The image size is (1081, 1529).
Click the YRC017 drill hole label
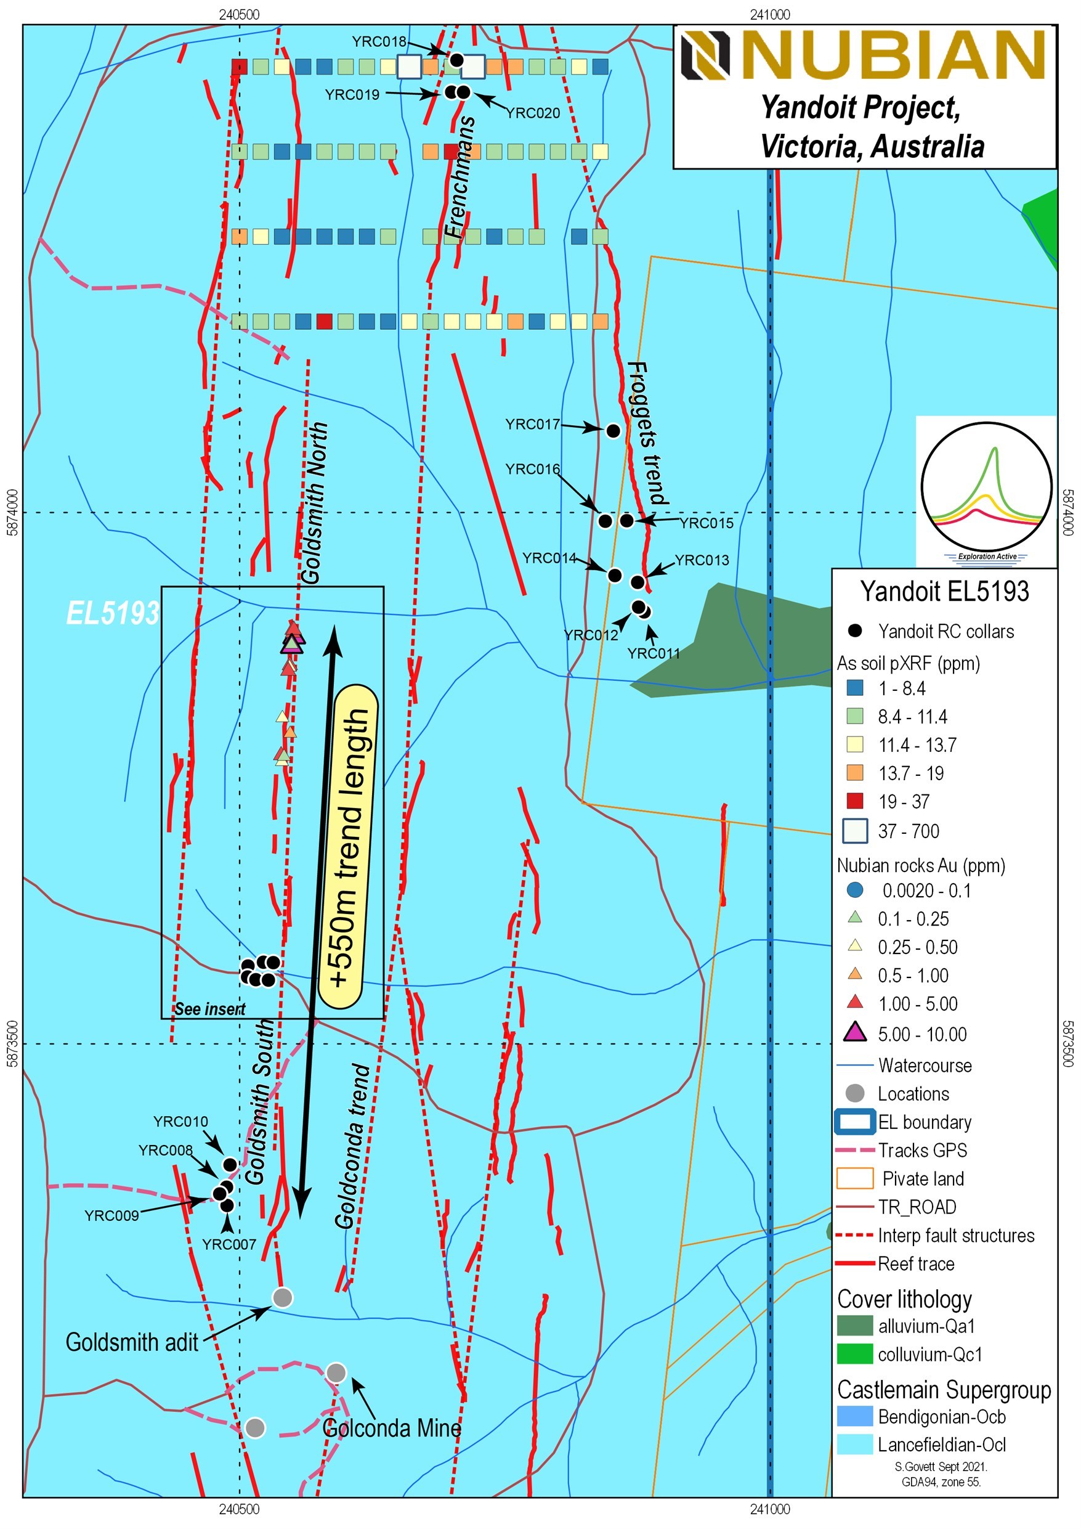point(532,424)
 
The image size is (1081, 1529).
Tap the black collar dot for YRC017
point(613,431)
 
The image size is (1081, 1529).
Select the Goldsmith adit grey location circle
point(283,1297)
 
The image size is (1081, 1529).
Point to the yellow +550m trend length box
point(348,846)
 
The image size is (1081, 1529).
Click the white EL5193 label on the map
point(113,613)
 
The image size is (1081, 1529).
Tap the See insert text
point(209,1009)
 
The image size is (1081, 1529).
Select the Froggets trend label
point(647,433)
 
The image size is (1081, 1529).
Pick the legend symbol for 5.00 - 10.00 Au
point(855,1033)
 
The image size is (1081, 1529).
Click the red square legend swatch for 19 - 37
point(855,801)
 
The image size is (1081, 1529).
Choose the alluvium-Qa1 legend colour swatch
point(855,1326)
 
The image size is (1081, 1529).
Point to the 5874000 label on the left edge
point(12,512)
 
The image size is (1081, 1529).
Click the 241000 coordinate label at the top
point(770,15)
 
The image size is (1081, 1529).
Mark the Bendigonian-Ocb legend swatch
point(855,1416)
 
